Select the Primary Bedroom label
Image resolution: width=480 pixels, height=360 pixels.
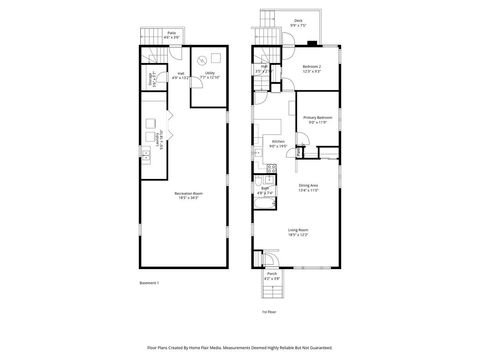click(318, 119)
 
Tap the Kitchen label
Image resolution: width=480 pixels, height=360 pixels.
click(278, 143)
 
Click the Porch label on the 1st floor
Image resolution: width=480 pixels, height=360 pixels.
click(271, 275)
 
